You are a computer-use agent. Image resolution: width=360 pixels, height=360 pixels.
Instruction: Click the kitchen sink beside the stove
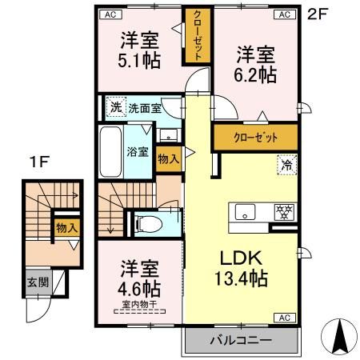tap(244, 212)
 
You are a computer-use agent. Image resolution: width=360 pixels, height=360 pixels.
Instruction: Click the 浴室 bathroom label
tap(137, 151)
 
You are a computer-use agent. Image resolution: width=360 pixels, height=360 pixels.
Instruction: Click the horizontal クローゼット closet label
tap(255, 138)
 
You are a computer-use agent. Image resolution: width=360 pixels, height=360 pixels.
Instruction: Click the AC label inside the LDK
tap(284, 317)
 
